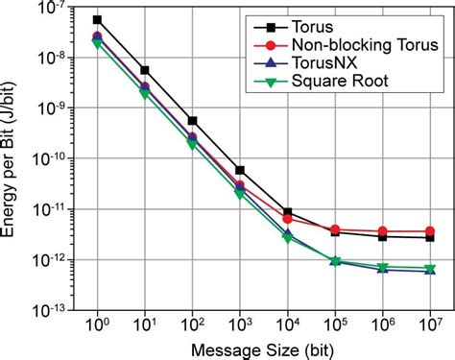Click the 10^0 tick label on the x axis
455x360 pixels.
(x=97, y=326)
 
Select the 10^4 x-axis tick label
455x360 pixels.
(x=287, y=326)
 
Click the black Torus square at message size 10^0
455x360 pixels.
(x=97, y=19)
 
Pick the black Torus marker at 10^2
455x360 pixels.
(x=192, y=121)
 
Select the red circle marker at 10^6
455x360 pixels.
(x=382, y=231)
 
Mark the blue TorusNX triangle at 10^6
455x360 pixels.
(x=382, y=270)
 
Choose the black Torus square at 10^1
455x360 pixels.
(x=145, y=70)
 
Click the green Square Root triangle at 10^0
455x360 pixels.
(x=97, y=43)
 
